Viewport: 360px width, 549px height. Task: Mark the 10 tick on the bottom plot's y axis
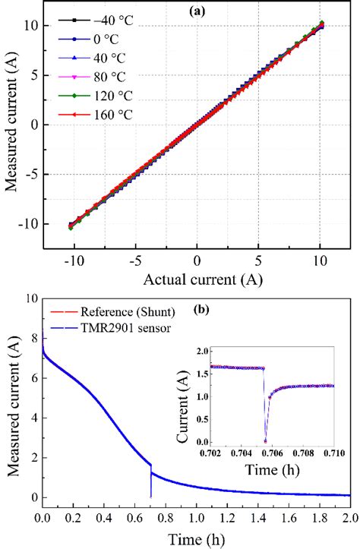pyautogui.click(x=29, y=300)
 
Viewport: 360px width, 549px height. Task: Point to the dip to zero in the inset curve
pyautogui.click(x=265, y=440)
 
